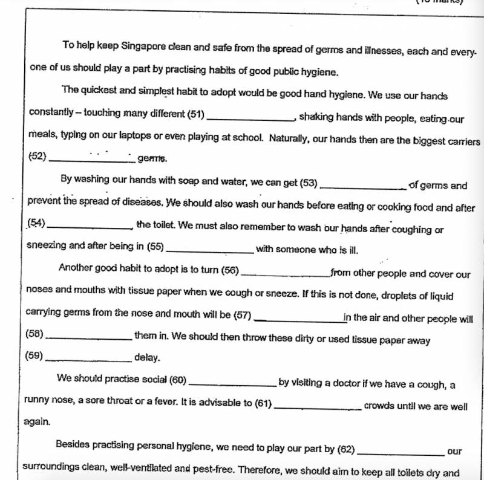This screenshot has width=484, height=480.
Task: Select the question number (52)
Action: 38,156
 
